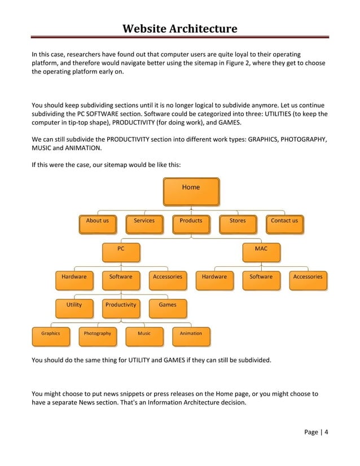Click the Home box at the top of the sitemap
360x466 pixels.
[191, 191]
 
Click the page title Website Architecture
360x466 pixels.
[180, 28]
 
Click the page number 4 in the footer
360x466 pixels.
[326, 433]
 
